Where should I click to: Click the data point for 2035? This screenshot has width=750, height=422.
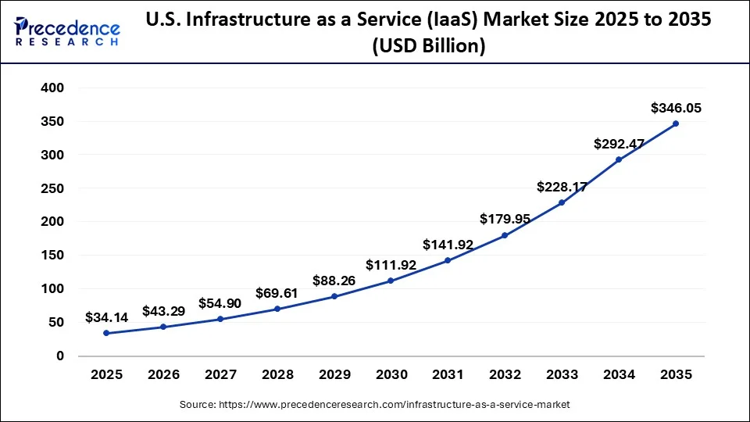(675, 123)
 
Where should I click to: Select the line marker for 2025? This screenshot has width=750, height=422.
(106, 333)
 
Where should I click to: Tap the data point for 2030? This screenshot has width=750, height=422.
(391, 281)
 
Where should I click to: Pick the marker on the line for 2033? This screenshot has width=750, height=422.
(562, 202)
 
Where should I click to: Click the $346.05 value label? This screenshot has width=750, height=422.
(676, 109)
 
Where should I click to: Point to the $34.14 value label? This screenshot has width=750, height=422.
(107, 319)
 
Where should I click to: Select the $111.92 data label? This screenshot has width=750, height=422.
(391, 266)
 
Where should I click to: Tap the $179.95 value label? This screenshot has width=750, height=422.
(505, 220)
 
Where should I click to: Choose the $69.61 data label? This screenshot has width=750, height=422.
(277, 294)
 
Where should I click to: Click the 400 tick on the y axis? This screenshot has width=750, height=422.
(52, 88)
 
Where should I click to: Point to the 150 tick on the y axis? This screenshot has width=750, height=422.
(52, 256)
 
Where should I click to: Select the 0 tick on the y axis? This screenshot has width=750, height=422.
(59, 356)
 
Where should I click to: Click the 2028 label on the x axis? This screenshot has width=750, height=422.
(277, 375)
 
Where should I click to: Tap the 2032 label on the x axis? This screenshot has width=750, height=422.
(505, 375)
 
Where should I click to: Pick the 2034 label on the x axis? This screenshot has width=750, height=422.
(619, 375)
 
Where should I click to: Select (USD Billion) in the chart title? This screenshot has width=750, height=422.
(428, 47)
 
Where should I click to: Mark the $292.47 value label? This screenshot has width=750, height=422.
(620, 144)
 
